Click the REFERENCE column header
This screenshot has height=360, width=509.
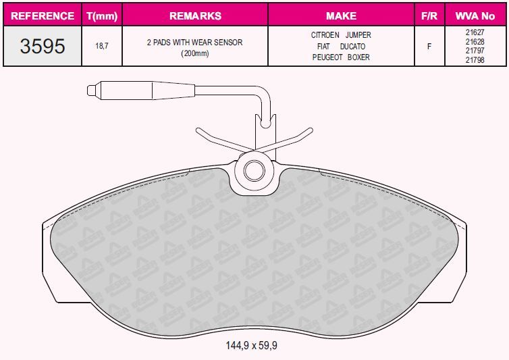tap(43, 16)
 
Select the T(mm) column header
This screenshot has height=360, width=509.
tap(102, 16)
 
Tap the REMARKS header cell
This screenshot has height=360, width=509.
tap(195, 16)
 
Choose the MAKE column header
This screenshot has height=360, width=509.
tap(341, 16)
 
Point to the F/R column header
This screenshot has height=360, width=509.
tap(429, 16)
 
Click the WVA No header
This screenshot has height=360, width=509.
tap(475, 16)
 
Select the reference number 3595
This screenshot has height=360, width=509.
tap(43, 46)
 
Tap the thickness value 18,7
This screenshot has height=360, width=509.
tap(102, 46)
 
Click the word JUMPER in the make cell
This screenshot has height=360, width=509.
tap(358, 34)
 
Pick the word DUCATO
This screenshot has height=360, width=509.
tap(352, 47)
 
